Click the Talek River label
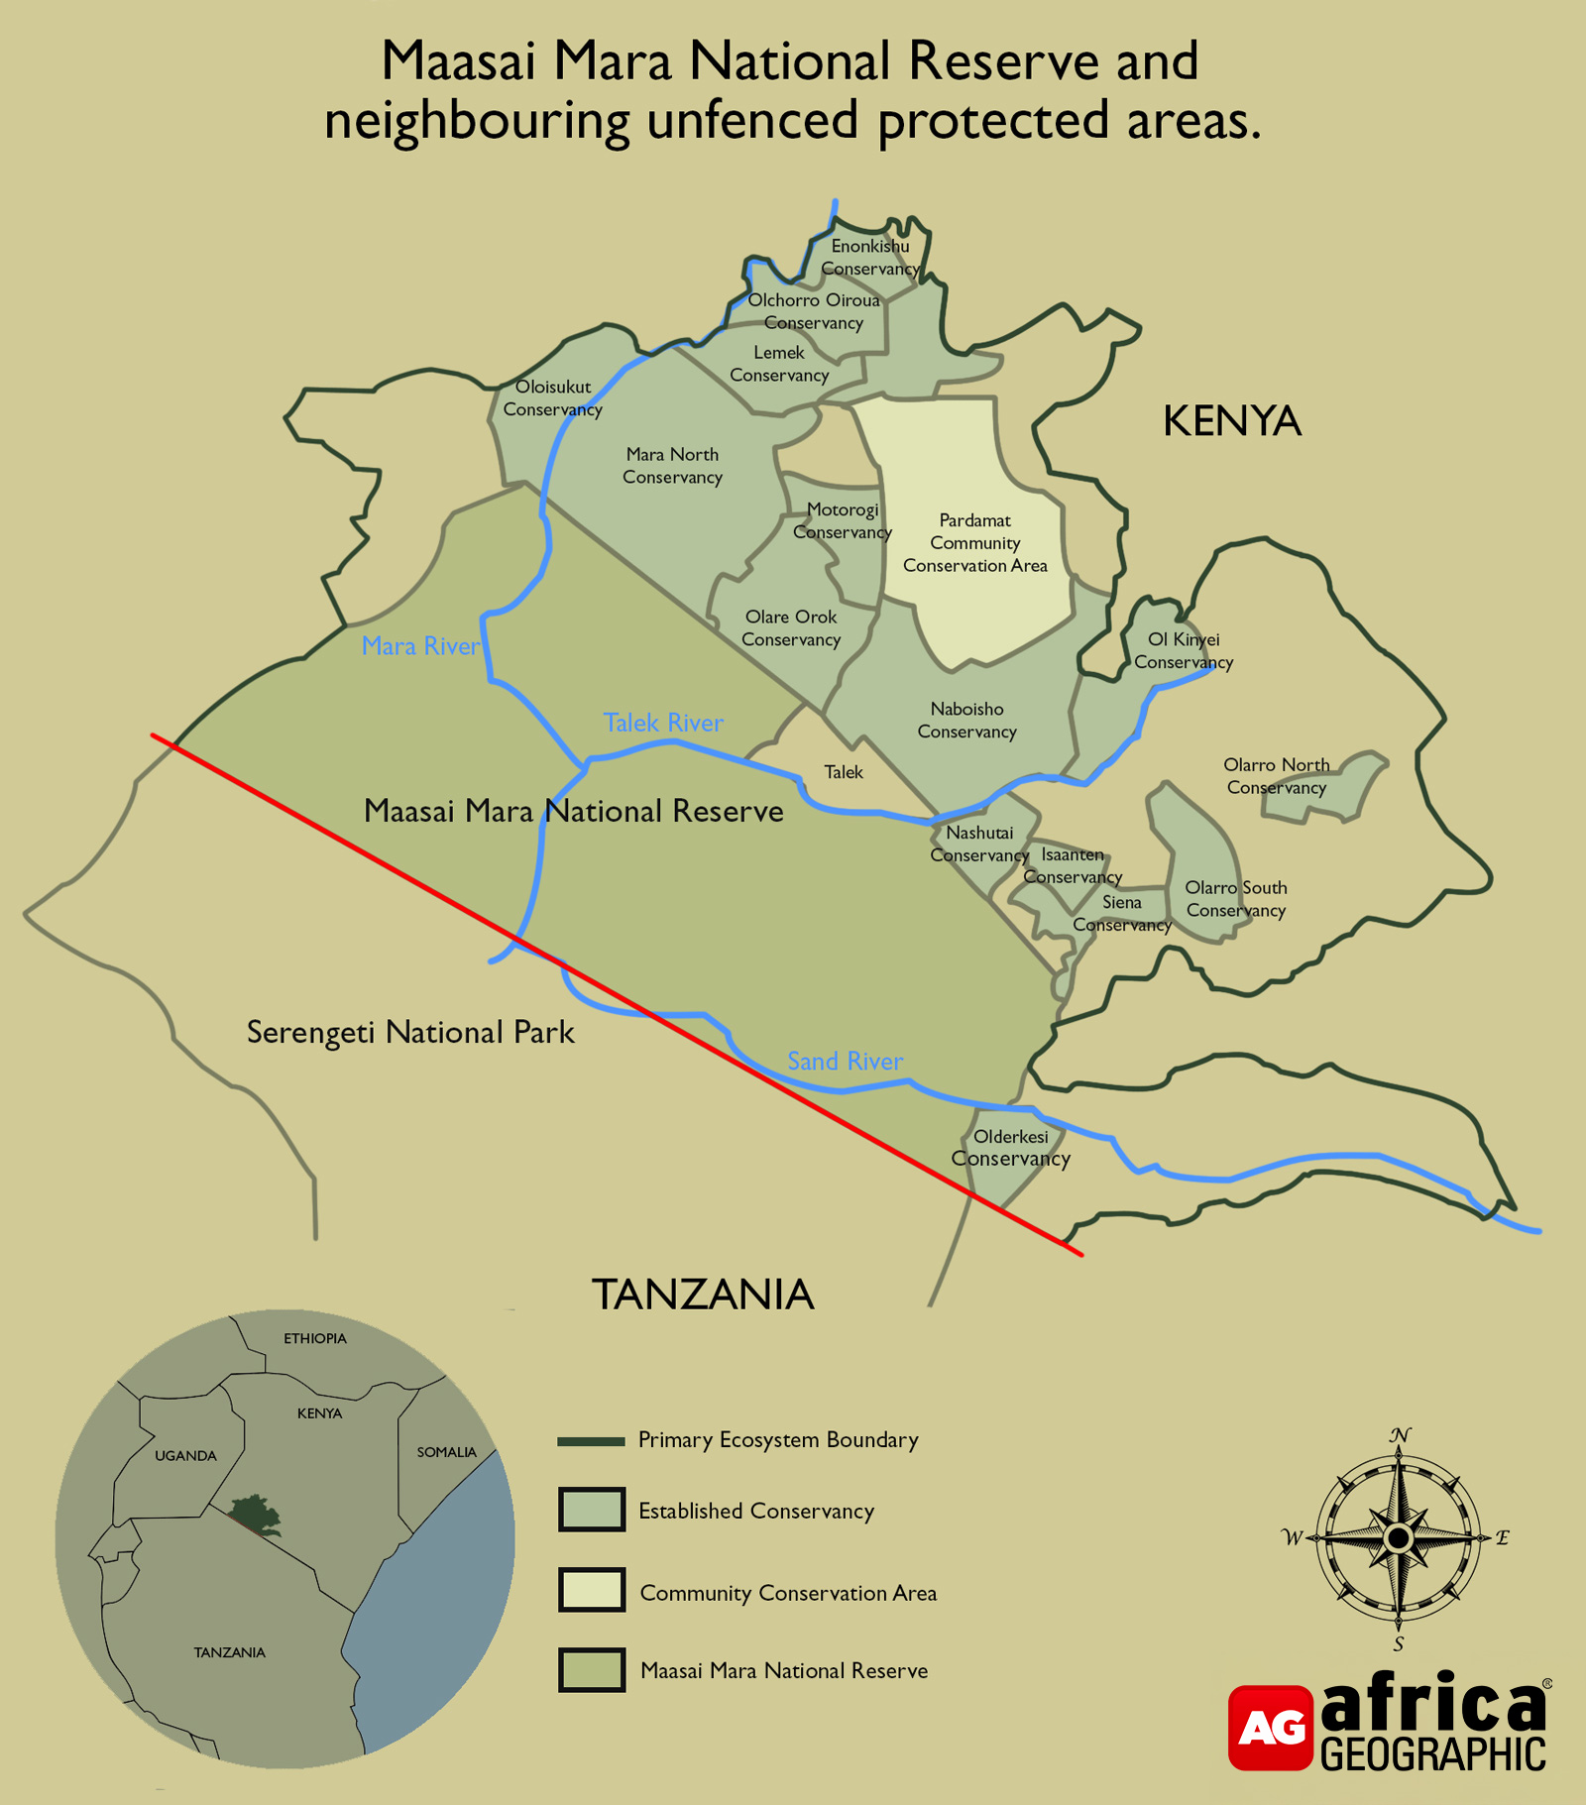(x=663, y=723)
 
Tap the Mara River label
(x=420, y=646)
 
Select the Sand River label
(x=845, y=1062)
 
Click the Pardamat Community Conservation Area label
(x=974, y=543)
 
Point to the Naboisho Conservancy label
(x=966, y=721)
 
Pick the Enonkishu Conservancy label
(x=869, y=258)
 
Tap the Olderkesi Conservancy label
(x=1010, y=1148)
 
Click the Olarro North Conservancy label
(x=1276, y=776)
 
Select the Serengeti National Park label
(x=410, y=1033)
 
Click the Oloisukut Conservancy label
(x=552, y=398)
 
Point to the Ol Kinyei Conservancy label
(x=1184, y=651)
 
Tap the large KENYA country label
(x=1231, y=421)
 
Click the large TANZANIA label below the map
(x=703, y=1295)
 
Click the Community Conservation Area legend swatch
(x=592, y=1590)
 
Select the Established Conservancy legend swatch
(x=592, y=1510)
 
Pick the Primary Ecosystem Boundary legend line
(x=592, y=1440)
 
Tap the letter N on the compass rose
(x=1400, y=1435)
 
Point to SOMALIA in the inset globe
(x=446, y=1452)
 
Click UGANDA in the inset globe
(x=185, y=1456)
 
